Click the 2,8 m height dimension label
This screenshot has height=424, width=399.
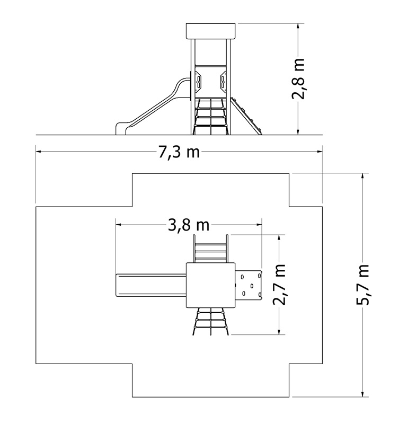298,78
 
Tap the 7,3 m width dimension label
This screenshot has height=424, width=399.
179,152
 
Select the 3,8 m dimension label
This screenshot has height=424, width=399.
189,225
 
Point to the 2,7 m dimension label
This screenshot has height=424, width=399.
279,285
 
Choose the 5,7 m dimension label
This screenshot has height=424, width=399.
362,285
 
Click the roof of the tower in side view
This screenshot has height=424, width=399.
210,31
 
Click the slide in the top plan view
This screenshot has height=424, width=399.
151,285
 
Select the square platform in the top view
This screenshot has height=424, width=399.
210,285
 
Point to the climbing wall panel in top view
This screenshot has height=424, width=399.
249,285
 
